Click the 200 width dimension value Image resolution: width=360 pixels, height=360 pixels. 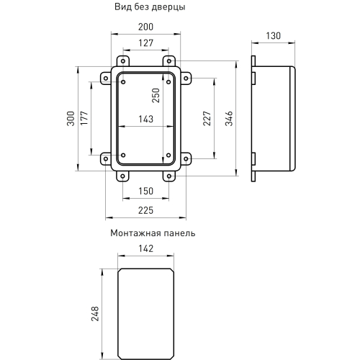tap(145, 27)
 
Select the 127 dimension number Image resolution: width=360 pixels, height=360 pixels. tap(145, 43)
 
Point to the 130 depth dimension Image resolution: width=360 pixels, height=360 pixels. tap(273, 36)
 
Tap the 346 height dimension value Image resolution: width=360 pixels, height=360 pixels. tap(229, 119)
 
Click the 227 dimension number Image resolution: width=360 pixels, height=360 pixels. tap(207, 119)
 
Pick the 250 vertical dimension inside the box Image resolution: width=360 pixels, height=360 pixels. tap(156, 96)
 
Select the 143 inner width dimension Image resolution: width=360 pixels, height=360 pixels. tap(145, 120)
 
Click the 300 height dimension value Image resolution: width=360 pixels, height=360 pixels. tap(71, 119)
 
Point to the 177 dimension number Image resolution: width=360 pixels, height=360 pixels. tap(84, 118)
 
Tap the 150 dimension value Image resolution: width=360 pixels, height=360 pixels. tap(145, 192)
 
